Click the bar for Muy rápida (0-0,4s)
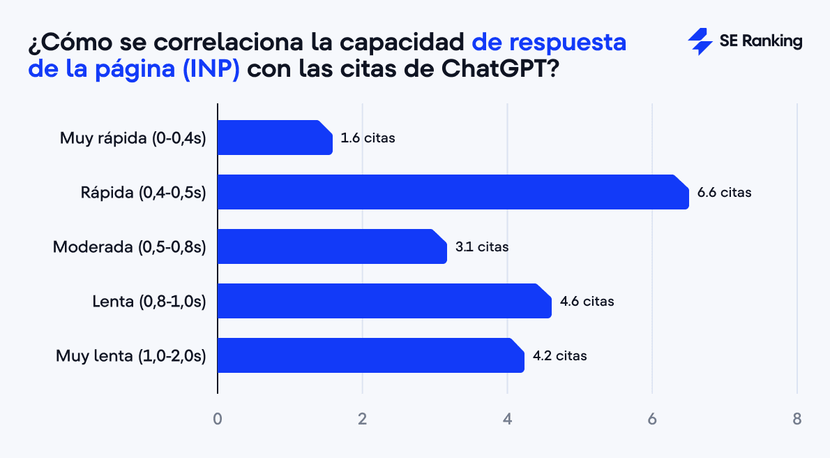click(275, 138)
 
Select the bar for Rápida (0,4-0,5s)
click(453, 192)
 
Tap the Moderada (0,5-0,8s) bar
click(332, 246)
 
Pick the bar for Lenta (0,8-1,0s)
click(384, 301)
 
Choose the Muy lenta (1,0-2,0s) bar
click(370, 355)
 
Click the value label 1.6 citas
click(368, 138)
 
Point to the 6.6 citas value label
click(725, 192)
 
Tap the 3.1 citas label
click(482, 246)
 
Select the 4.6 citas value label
click(587, 301)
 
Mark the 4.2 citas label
click(559, 355)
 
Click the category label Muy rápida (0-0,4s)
click(133, 138)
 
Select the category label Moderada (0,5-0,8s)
click(129, 246)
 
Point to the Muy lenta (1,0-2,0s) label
click(130, 355)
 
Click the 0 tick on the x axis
click(218, 419)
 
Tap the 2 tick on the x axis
click(362, 419)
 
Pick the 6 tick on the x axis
click(652, 419)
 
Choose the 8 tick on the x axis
click(797, 419)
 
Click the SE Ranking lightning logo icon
click(700, 42)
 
